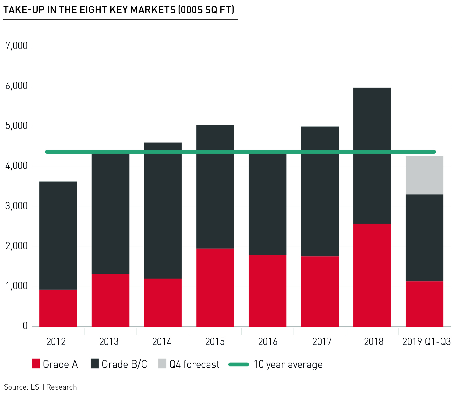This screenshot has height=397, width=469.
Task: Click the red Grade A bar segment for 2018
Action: click(x=372, y=275)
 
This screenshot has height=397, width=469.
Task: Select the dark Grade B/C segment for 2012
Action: click(x=58, y=235)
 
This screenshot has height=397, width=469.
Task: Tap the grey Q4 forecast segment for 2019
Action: click(x=424, y=175)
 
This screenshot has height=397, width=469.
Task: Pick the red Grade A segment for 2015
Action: click(x=215, y=287)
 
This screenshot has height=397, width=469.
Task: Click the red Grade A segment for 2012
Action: click(x=58, y=308)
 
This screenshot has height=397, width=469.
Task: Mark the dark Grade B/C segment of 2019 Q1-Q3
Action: click(x=424, y=238)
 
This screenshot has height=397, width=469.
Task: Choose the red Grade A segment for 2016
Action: click(x=267, y=291)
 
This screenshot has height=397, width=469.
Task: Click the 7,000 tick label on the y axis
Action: click(x=16, y=46)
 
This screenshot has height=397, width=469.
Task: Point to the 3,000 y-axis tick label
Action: click(x=16, y=206)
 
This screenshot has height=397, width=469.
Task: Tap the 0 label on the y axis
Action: click(x=25, y=326)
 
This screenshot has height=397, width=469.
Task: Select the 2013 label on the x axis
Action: click(x=109, y=342)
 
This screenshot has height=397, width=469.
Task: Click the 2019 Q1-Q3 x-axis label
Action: click(x=426, y=342)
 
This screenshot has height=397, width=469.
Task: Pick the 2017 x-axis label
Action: click(x=322, y=342)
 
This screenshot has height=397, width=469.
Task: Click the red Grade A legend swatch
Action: click(x=36, y=364)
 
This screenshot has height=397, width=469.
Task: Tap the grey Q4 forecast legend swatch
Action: click(x=162, y=364)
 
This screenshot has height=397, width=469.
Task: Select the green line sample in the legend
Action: click(x=239, y=364)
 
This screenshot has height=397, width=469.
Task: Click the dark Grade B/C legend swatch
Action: click(x=94, y=364)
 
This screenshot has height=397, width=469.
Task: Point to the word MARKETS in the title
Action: click(x=153, y=10)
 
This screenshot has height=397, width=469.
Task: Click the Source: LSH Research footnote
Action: click(x=40, y=387)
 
